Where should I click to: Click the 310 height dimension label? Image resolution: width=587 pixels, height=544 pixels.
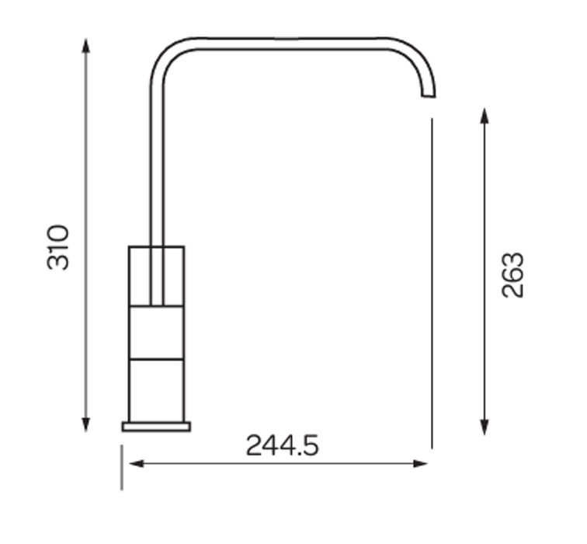(x=58, y=247)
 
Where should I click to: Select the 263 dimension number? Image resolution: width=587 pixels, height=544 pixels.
(x=512, y=275)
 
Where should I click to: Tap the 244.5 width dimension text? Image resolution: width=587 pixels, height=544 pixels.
(x=283, y=445)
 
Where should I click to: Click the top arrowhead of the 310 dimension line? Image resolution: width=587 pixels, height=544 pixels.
(x=86, y=46)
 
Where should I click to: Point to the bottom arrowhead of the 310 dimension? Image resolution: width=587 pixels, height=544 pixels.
(x=86, y=424)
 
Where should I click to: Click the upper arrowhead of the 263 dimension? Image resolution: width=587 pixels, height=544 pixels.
(x=485, y=115)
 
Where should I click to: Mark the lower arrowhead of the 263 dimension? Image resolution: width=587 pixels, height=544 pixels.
(x=485, y=427)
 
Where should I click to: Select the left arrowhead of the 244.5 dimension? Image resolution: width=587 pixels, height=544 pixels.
(x=137, y=464)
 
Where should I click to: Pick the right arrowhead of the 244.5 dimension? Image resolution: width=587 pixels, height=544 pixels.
(x=420, y=464)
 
